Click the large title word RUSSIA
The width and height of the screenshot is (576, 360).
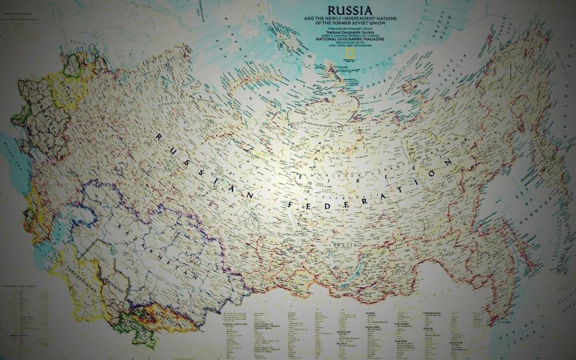(x=341, y=11)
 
